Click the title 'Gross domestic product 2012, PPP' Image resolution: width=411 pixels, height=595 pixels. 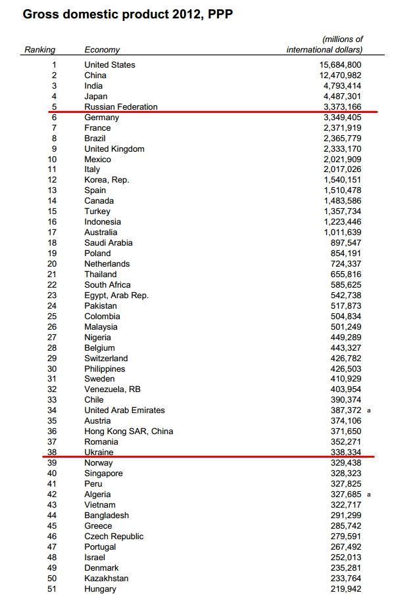(128, 14)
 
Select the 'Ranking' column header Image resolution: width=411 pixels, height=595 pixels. (39, 49)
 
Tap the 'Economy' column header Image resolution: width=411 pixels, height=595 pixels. (102, 49)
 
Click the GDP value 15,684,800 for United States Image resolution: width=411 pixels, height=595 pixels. (341, 64)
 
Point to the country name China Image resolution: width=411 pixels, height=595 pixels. (95, 75)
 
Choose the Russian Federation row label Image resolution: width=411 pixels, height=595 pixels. (121, 106)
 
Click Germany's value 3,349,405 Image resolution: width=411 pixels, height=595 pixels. (342, 117)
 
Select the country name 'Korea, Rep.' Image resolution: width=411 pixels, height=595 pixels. (107, 179)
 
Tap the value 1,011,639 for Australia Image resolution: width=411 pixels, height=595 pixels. (342, 232)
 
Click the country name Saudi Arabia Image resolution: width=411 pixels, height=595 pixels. (109, 242)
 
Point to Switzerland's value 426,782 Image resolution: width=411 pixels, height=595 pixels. (346, 358)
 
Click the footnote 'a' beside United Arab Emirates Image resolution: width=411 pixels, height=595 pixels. (369, 410)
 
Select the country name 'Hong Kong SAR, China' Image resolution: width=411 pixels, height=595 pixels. (129, 431)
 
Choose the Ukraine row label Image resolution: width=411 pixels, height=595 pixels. (99, 452)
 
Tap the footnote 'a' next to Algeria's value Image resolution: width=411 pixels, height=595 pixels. (369, 495)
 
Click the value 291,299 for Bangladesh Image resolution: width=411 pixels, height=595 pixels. (346, 515)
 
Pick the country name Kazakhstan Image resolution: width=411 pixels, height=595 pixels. (107, 578)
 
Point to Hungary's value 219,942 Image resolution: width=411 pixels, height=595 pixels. (346, 588)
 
